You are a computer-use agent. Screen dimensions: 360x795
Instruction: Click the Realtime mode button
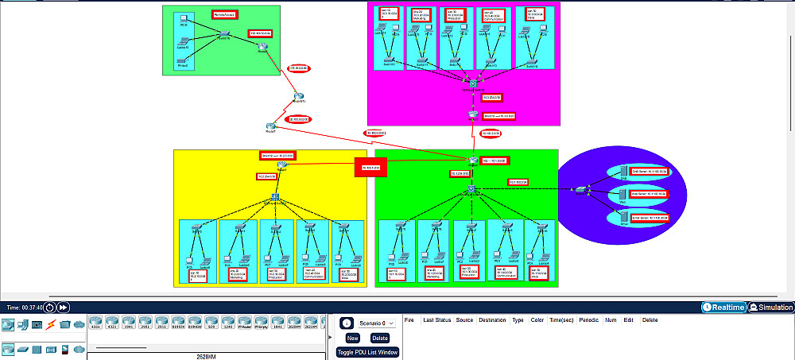pos(723,308)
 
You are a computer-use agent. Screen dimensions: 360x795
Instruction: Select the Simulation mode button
pos(770,308)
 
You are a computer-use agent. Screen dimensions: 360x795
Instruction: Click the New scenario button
pos(351,338)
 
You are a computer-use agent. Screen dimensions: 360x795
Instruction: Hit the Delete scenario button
pos(379,338)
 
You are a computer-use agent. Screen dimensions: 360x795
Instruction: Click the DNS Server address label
pos(649,171)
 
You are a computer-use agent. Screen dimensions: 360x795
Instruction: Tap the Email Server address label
pos(649,217)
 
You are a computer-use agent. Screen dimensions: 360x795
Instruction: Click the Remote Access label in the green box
pos(225,14)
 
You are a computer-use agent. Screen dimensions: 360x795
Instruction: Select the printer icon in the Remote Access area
pos(183,61)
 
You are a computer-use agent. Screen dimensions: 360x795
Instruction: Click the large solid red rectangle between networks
pos(370,167)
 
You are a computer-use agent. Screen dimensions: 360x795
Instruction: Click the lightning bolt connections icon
pos(51,324)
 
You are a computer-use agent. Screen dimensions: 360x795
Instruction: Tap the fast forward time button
pos(64,308)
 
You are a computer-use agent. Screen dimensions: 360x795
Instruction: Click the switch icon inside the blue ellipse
pos(581,189)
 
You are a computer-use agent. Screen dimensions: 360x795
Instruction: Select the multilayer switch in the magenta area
pos(472,84)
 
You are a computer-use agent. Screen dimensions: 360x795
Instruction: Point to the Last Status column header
pos(438,319)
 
